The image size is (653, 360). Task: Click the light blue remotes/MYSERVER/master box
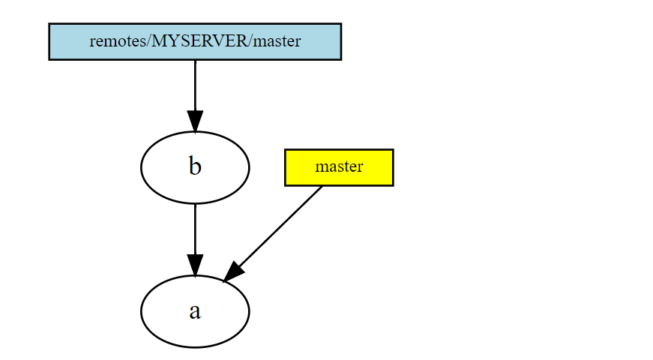point(195,41)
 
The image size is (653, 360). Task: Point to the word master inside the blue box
point(277,41)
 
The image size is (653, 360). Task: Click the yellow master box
point(339,167)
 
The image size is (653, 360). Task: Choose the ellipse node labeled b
point(195,167)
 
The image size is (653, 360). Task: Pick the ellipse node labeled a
point(195,311)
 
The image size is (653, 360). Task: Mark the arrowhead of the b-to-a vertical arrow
point(195,265)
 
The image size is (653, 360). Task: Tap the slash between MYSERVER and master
point(250,41)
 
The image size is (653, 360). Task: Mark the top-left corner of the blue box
point(49,24)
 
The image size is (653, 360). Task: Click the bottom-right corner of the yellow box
point(392,184)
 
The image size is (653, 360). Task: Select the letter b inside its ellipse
point(195,166)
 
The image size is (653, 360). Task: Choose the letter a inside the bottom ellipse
point(195,311)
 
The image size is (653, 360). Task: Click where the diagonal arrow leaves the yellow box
point(322,186)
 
